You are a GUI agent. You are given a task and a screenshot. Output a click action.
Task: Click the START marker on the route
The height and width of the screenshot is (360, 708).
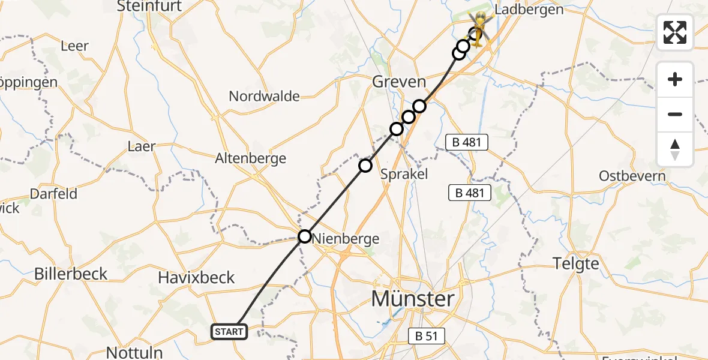pyautogui.click(x=229, y=331)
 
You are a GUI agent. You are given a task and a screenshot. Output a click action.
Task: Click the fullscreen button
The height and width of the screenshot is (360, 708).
pyautogui.click(x=675, y=32)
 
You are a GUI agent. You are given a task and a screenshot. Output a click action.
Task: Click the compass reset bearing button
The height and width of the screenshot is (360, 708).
pyautogui.click(x=675, y=149)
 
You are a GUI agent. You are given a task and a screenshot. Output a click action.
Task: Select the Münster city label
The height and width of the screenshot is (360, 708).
pyautogui.click(x=413, y=298)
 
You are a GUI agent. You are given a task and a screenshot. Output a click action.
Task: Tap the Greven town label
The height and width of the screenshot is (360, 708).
pyautogui.click(x=399, y=82)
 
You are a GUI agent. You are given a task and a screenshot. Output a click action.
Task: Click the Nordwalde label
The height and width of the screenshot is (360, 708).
pyautogui.click(x=264, y=96)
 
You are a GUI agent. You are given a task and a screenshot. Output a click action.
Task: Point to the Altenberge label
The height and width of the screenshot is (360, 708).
pyautogui.click(x=251, y=158)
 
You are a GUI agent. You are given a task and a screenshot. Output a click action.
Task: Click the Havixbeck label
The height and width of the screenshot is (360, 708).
pyautogui.click(x=196, y=277)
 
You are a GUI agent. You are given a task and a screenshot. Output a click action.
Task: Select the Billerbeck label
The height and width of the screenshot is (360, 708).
pyautogui.click(x=71, y=274)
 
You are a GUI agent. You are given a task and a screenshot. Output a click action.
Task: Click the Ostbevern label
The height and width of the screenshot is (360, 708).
pyautogui.click(x=632, y=176)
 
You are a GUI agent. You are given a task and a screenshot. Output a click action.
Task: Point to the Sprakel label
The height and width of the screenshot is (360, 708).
pyautogui.click(x=404, y=174)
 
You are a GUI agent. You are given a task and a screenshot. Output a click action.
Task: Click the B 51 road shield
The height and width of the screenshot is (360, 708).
pyautogui.click(x=426, y=336)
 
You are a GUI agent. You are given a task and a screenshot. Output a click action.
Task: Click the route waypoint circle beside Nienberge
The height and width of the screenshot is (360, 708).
pyautogui.click(x=305, y=236)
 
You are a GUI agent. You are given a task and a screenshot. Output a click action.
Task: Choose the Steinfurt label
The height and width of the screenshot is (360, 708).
pyautogui.click(x=150, y=7)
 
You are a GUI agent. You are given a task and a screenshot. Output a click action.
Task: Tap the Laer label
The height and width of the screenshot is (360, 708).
pyautogui.click(x=142, y=146)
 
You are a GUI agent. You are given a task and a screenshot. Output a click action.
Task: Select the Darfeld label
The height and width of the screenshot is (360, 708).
pyautogui.click(x=54, y=194)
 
